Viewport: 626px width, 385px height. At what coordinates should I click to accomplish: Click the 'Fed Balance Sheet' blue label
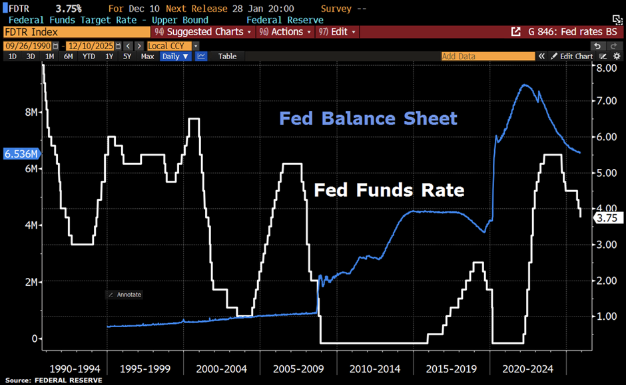(x=368, y=119)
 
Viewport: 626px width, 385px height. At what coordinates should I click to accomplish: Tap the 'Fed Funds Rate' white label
(x=388, y=190)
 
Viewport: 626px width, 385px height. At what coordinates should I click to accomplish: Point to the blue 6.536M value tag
(x=20, y=154)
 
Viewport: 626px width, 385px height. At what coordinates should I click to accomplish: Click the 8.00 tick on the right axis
(x=607, y=68)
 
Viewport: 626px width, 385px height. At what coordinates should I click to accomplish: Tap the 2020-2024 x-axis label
(x=527, y=368)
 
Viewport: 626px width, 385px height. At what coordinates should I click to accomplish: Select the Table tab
(x=227, y=57)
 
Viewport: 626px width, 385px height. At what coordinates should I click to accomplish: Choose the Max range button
(x=147, y=57)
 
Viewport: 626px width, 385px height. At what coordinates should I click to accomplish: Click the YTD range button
(x=89, y=57)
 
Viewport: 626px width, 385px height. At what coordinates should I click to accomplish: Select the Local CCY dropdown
(x=170, y=46)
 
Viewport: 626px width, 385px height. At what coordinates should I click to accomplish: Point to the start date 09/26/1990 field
(x=26, y=46)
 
